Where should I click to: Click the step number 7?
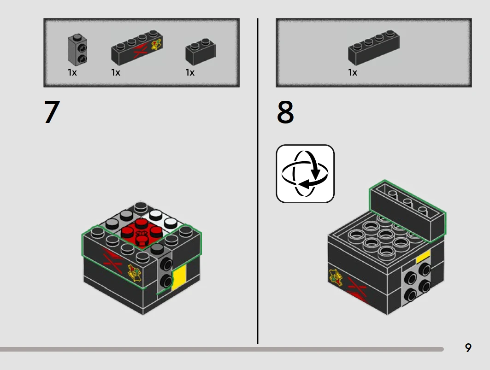coord(52,112)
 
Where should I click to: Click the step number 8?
coord(285,112)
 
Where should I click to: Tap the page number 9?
coord(468,348)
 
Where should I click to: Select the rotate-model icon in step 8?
coord(305,174)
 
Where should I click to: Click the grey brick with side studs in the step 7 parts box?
coord(77,49)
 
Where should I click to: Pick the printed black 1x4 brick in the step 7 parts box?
coord(137,47)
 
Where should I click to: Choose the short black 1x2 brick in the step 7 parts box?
coord(201,52)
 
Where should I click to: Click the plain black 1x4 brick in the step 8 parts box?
coord(374,47)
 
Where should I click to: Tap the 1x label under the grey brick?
coord(72,73)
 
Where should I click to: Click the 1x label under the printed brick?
coord(116,73)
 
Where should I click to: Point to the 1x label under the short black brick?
coord(190,73)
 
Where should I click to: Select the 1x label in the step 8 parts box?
coord(353,73)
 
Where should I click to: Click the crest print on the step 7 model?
coord(135,273)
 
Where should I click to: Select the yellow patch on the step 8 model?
coord(423,257)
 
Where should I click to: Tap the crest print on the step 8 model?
coord(336,277)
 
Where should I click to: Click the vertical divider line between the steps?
coord(258,181)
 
